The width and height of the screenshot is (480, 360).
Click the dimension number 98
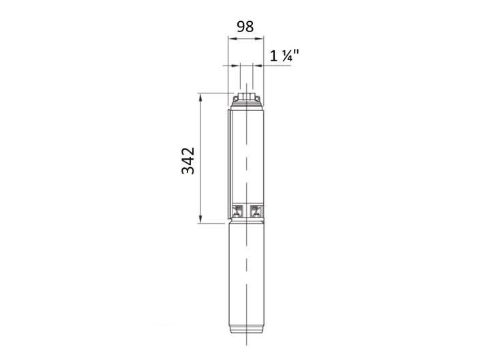[245, 27]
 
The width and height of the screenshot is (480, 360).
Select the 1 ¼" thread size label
[285, 57]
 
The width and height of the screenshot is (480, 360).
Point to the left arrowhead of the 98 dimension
[230, 40]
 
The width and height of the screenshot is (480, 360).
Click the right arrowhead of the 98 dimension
[260, 40]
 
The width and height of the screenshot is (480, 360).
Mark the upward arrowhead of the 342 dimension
[201, 96]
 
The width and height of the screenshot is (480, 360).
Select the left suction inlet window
[238, 209]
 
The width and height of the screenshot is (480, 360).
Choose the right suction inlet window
[256, 209]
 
